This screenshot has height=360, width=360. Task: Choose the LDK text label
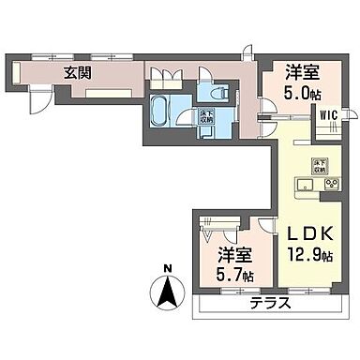coord(305,232)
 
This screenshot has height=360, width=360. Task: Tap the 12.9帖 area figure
coord(306,254)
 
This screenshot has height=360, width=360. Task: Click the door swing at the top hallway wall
coord(246,53)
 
